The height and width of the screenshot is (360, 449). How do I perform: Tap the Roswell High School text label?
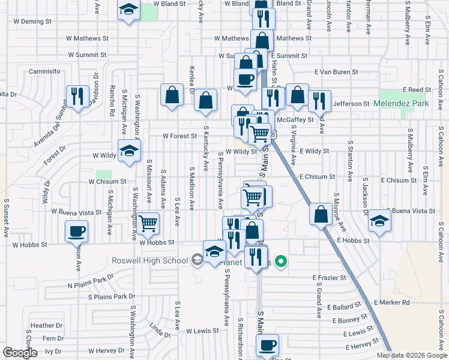[150, 260]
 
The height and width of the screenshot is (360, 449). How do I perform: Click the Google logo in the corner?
[20, 353]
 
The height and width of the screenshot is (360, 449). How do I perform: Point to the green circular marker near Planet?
[280, 262]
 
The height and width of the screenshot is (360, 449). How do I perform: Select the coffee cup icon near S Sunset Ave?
[77, 231]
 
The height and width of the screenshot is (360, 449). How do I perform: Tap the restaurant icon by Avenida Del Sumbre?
[77, 96]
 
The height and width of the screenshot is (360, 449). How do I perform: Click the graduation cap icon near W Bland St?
[129, 10]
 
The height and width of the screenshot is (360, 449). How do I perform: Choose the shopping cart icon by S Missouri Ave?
[148, 224]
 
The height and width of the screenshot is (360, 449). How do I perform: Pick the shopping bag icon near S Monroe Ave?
[322, 214]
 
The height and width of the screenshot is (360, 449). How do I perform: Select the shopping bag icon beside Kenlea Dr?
[172, 95]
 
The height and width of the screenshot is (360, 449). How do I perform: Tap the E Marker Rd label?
[391, 302]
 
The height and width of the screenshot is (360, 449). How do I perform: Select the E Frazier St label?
[330, 278]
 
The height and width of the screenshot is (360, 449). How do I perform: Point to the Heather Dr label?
[43, 326]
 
